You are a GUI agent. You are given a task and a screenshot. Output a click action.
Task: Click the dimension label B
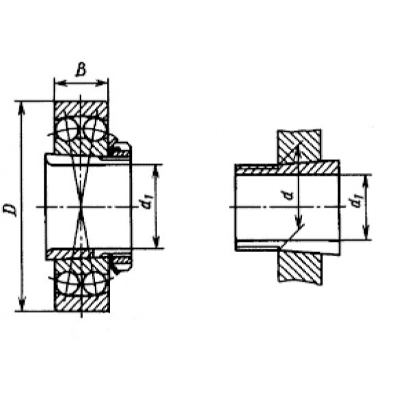[x=81, y=70]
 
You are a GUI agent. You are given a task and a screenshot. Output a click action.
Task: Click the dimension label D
[x=10, y=210]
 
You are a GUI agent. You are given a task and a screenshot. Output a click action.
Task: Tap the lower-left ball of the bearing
[x=67, y=283]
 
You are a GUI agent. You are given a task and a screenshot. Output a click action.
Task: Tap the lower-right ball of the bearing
[x=94, y=283]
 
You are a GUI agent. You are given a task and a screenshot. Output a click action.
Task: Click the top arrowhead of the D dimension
[x=22, y=108]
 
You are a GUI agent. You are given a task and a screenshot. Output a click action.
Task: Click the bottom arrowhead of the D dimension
[x=23, y=304]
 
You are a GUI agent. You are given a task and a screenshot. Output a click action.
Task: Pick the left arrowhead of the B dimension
[x=60, y=83]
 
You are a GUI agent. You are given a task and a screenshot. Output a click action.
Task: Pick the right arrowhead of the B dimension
[x=101, y=83]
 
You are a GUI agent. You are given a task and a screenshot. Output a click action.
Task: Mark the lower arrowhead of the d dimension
[x=299, y=221]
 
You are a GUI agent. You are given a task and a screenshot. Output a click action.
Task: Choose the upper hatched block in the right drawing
[x=299, y=146]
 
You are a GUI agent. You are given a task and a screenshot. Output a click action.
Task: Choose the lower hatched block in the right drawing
[x=300, y=267]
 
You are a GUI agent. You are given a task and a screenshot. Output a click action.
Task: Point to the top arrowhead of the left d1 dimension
[x=156, y=171]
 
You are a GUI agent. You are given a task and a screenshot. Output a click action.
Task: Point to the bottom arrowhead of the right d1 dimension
[x=367, y=233]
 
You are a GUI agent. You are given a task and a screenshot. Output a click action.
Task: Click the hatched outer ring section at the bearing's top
[x=81, y=110]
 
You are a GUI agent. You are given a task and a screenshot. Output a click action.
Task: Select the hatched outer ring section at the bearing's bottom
[x=81, y=303]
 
